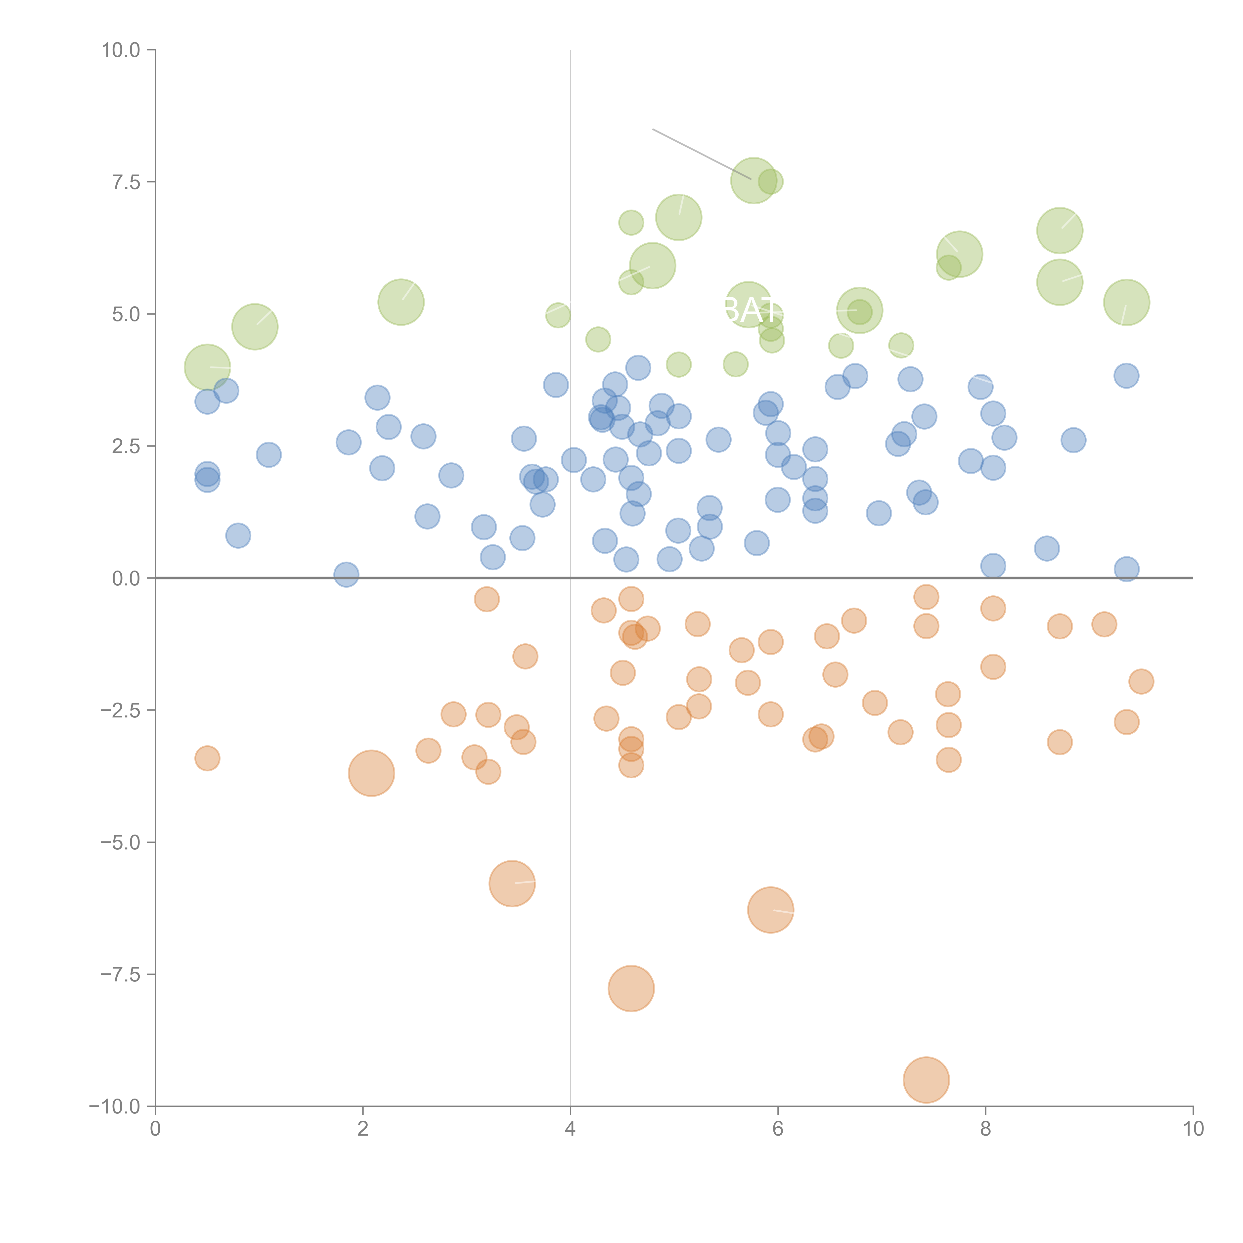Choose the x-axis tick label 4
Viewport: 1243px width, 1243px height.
(x=570, y=1129)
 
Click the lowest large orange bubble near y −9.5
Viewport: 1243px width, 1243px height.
(x=926, y=1080)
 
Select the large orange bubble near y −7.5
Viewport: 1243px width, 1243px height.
(x=631, y=988)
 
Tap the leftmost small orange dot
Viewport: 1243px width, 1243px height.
(x=207, y=758)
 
